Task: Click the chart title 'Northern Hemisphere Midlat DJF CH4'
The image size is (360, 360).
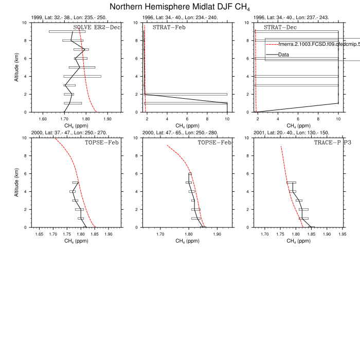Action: [x=179, y=7]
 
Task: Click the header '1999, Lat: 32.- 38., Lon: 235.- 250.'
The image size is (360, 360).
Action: [x=69, y=17]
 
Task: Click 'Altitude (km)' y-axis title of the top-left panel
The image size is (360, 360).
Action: [x=17, y=67]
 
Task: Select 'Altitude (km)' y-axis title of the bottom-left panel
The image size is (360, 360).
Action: [x=17, y=182]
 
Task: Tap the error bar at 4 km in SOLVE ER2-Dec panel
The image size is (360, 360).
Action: [x=82, y=77]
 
